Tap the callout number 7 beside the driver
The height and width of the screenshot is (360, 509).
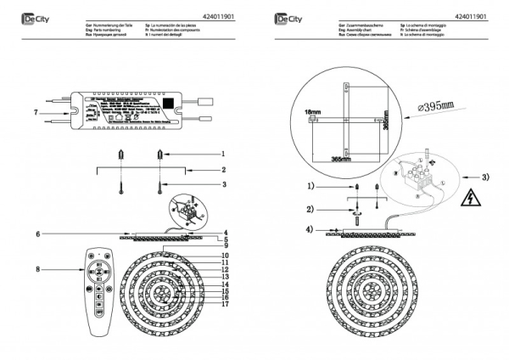[35, 111]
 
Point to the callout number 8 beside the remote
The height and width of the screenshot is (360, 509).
[39, 269]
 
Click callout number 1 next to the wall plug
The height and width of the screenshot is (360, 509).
[222, 155]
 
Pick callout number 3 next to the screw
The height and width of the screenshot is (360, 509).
[222, 183]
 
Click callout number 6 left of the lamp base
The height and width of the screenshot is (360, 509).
[39, 233]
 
